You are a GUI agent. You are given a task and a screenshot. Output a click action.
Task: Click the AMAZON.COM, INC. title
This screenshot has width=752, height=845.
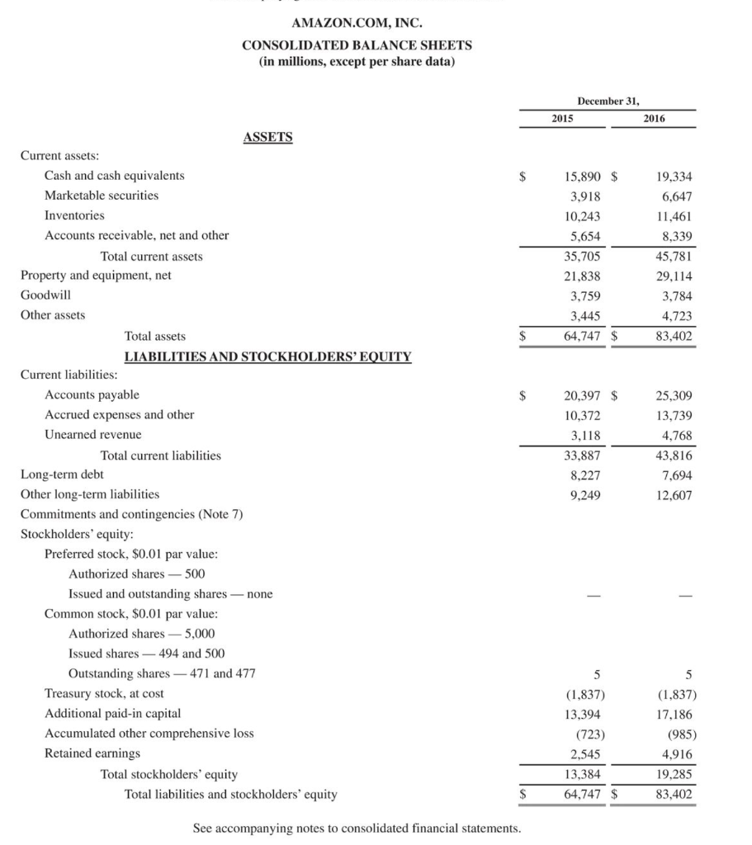tap(356, 23)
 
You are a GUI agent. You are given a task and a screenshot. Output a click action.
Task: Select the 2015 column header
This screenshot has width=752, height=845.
tap(563, 118)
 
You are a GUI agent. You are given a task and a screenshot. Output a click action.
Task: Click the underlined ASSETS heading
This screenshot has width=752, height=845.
tap(267, 137)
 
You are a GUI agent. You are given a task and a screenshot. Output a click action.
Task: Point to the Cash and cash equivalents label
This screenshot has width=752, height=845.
tap(114, 176)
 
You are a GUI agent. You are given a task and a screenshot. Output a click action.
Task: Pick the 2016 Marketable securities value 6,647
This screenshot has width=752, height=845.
tap(675, 196)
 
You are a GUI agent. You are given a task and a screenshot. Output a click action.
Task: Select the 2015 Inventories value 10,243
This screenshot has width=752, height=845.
tap(582, 215)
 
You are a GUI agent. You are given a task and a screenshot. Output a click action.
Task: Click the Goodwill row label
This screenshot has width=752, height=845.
tap(45, 295)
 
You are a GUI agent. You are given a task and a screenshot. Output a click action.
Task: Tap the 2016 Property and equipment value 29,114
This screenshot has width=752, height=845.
tap(674, 276)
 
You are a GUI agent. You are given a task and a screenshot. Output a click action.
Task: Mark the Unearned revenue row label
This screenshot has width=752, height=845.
tap(92, 435)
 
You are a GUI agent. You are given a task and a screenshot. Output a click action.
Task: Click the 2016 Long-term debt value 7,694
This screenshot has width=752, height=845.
tap(676, 474)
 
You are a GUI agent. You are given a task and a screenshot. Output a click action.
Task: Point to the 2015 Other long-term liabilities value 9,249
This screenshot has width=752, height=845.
tap(584, 495)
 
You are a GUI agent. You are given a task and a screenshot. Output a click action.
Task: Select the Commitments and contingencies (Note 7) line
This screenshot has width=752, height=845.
tap(131, 514)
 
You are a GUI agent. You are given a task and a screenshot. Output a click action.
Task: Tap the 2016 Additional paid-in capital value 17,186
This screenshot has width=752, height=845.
tap(674, 714)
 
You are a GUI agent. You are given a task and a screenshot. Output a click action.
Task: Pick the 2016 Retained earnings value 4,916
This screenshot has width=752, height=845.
tap(677, 753)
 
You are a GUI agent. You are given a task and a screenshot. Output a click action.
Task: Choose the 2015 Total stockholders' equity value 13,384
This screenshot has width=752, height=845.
tap(582, 774)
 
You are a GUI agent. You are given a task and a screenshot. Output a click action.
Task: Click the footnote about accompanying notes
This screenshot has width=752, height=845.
tap(357, 828)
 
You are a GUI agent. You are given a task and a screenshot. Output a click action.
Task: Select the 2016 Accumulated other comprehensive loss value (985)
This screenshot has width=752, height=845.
tap(678, 734)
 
